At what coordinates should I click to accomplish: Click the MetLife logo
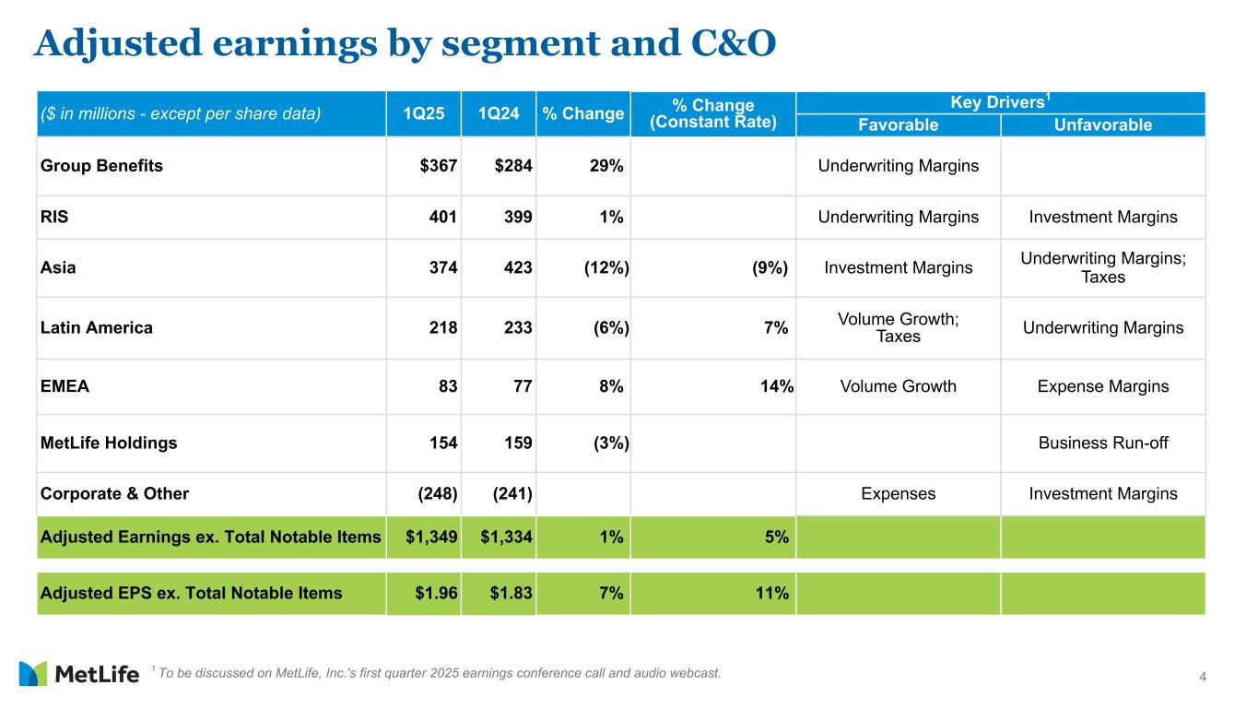tap(78, 674)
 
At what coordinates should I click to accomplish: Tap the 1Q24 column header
tap(499, 114)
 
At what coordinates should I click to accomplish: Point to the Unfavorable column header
tap(1102, 125)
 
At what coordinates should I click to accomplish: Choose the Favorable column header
tap(898, 125)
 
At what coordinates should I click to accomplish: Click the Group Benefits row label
tap(101, 166)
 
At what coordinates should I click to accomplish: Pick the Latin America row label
tap(97, 327)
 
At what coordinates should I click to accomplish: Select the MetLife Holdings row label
tap(109, 443)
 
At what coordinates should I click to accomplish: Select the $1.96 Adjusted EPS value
tap(436, 593)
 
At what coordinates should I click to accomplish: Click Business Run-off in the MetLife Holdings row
tap(1102, 443)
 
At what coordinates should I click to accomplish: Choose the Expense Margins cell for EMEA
tap(1102, 386)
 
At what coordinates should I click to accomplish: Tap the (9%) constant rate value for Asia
tap(769, 268)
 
